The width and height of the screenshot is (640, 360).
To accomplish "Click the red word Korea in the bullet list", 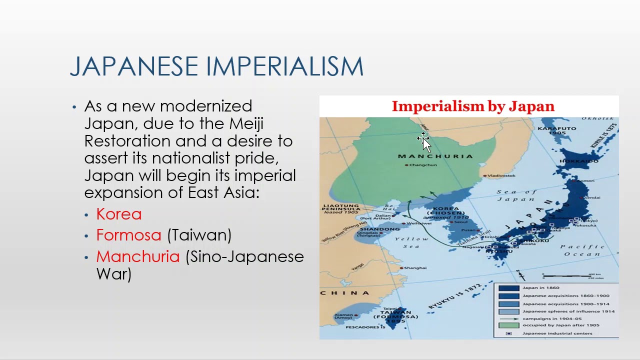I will coord(119,214).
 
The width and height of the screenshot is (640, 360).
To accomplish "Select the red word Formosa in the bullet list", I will coord(128,235).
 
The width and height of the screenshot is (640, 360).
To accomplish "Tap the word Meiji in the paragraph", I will coord(246,123).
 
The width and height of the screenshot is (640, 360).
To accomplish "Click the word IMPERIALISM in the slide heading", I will coord(284,66).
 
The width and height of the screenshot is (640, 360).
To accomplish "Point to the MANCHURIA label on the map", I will coord(435,156).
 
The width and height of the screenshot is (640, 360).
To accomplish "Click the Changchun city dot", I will coord(406,165).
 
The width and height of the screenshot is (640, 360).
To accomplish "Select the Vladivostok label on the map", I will coord(501,176).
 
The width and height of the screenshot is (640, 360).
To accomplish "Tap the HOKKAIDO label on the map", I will coord(579,161).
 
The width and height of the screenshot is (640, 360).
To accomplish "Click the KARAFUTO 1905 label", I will coord(556,130).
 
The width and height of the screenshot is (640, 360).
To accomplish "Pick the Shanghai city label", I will coord(415,268).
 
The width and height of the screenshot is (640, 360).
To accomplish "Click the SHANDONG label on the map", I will coord(380,229).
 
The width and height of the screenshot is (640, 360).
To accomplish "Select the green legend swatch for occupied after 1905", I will coord(508,325).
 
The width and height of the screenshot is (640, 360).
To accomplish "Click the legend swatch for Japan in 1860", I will coord(508,288).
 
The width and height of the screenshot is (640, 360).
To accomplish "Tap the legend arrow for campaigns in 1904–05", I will coord(508,318).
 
